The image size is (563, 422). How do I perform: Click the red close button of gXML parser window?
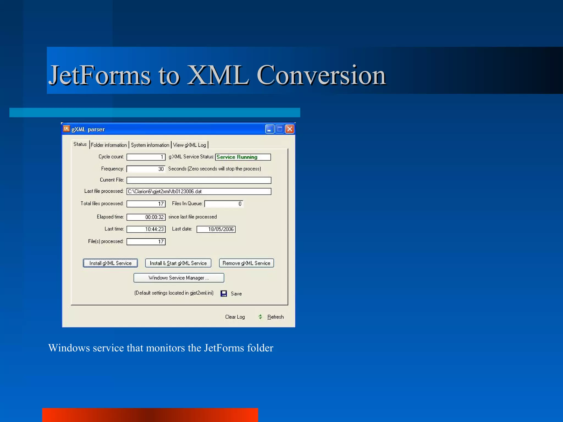(289, 129)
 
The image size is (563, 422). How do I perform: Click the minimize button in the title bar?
(269, 129)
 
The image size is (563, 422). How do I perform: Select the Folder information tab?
(109, 145)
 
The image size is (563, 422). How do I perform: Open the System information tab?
(150, 145)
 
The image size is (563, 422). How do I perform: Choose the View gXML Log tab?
(189, 145)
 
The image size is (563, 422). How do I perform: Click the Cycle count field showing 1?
(146, 157)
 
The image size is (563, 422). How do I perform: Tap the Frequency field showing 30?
(146, 169)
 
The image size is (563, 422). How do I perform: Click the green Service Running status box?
(243, 157)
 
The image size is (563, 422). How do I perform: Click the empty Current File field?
(199, 180)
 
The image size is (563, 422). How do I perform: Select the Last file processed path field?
(199, 191)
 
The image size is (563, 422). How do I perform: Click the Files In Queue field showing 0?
(224, 204)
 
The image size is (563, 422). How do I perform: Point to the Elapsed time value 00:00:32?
(146, 217)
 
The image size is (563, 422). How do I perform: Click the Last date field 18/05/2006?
(216, 229)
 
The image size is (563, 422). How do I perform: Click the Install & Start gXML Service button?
(178, 263)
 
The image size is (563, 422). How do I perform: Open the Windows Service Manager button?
(179, 278)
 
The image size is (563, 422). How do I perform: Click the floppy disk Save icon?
(224, 293)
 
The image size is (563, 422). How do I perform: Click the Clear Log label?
(235, 317)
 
